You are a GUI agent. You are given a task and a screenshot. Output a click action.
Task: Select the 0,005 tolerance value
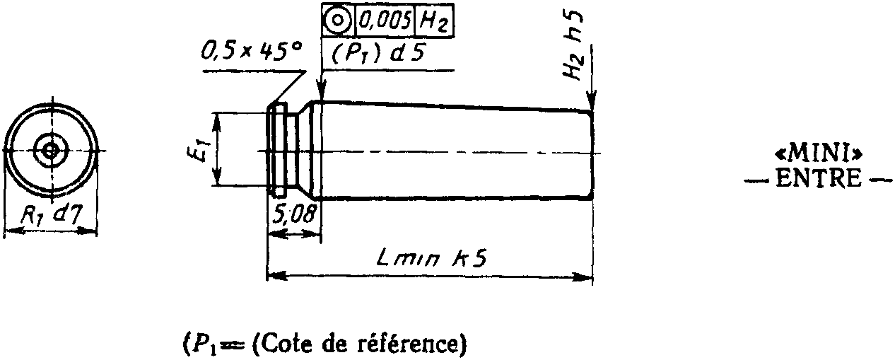coord(385,21)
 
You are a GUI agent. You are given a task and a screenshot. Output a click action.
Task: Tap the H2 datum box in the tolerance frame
coord(433,21)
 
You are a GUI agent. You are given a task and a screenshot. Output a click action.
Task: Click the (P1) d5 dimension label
coord(378,54)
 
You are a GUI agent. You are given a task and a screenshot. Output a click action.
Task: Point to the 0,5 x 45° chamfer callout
coord(251,51)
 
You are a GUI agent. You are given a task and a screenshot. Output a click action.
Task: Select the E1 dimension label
coord(202,150)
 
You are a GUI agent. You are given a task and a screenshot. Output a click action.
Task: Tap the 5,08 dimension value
coord(293,213)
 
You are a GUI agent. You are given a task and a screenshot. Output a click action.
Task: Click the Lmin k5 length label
coord(429,260)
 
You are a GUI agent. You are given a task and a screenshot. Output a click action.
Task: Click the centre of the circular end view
coord(49,150)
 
